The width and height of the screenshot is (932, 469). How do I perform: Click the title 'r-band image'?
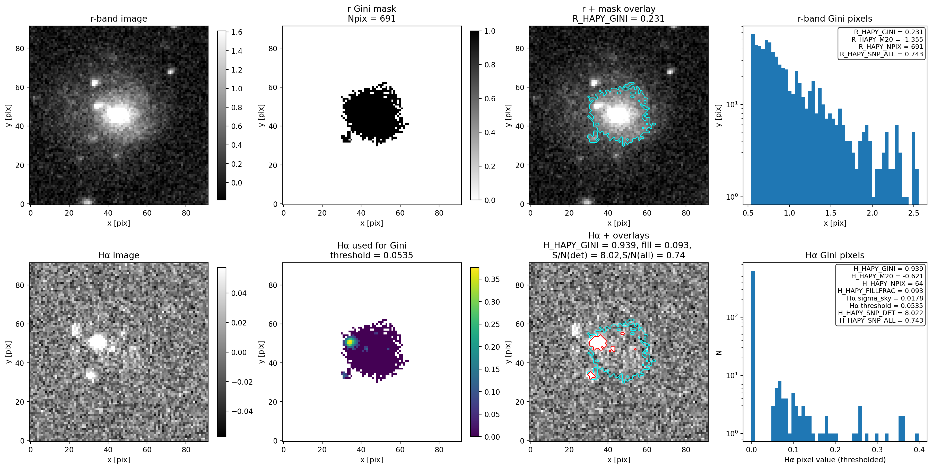pyautogui.click(x=119, y=19)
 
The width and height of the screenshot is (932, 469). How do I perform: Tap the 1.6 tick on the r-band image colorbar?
pyautogui.click(x=237, y=32)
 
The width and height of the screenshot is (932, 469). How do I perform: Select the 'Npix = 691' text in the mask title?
pyautogui.click(x=372, y=19)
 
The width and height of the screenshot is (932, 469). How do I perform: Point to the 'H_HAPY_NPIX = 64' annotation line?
pyautogui.click(x=892, y=284)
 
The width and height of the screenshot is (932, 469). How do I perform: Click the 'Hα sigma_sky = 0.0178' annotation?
pyautogui.click(x=885, y=298)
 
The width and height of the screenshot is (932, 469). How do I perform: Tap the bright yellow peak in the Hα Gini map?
pyautogui.click(x=350, y=342)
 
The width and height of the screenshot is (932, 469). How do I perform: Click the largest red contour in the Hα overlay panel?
pyautogui.click(x=598, y=342)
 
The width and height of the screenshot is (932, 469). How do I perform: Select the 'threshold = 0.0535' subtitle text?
pyautogui.click(x=372, y=255)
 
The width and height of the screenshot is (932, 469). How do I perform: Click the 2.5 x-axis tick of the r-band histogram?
pyautogui.click(x=913, y=213)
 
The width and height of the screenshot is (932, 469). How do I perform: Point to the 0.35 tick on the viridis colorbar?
pyautogui.click(x=492, y=279)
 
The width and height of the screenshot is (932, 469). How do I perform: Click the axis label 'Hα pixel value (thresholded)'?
pyautogui.click(x=835, y=459)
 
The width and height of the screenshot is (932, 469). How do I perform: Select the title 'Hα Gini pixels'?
pyautogui.click(x=835, y=255)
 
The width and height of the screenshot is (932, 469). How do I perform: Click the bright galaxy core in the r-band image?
pyautogui.click(x=118, y=114)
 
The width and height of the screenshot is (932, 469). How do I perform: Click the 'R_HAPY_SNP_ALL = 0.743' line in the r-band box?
pyautogui.click(x=881, y=54)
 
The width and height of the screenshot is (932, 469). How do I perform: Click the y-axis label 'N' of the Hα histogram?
pyautogui.click(x=719, y=352)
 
